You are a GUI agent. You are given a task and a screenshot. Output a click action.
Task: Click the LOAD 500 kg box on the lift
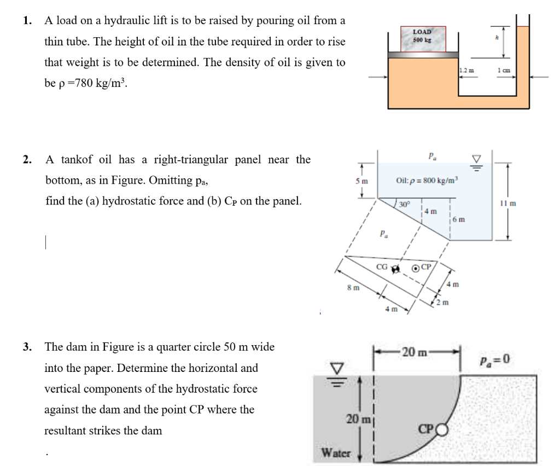(422, 37)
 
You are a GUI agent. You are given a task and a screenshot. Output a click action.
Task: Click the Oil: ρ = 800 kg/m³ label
(429, 180)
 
